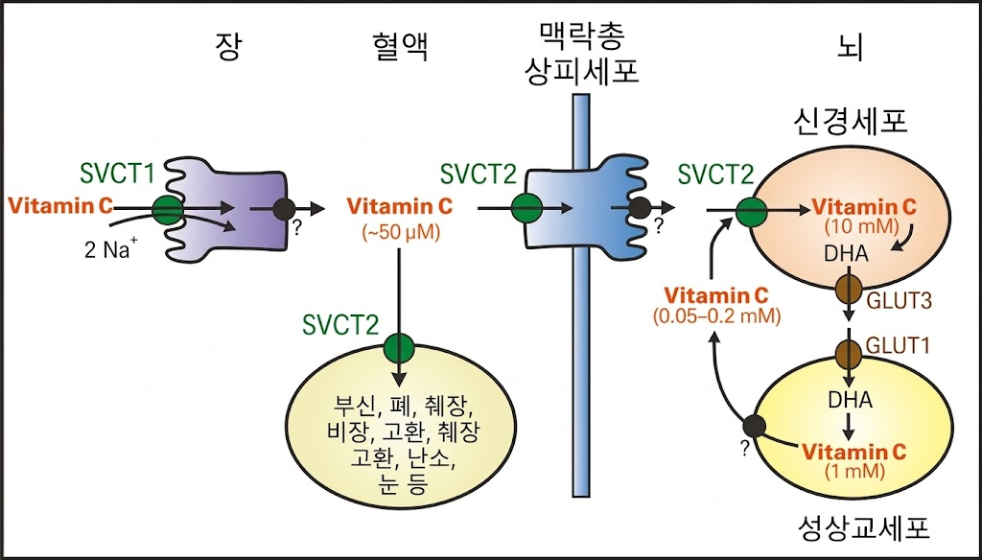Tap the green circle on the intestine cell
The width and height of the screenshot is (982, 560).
click(x=169, y=206)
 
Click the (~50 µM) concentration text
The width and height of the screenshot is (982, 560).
click(x=400, y=230)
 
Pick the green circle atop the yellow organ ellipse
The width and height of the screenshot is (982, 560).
click(x=398, y=345)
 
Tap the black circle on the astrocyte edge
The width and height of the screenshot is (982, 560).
click(x=755, y=426)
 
